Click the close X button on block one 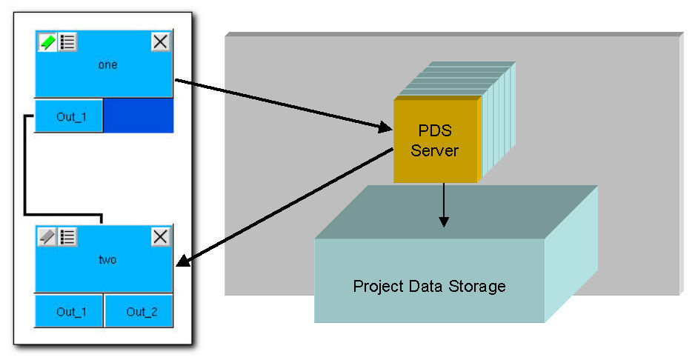pyautogui.click(x=161, y=42)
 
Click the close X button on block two pyautogui.click(x=161, y=237)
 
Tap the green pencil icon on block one pyautogui.click(x=47, y=42)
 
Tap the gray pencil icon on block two pyautogui.click(x=47, y=237)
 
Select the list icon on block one pyautogui.click(x=68, y=42)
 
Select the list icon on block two pyautogui.click(x=68, y=237)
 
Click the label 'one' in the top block pyautogui.click(x=107, y=65)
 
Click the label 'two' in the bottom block pyautogui.click(x=107, y=260)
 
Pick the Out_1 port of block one pyautogui.click(x=69, y=117)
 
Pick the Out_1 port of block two pyautogui.click(x=69, y=312)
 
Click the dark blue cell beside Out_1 pyautogui.click(x=138, y=117)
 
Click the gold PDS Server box pyautogui.click(x=436, y=141)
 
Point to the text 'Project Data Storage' pyautogui.click(x=429, y=286)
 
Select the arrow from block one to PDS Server pyautogui.click(x=282, y=104)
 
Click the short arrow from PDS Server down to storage pyautogui.click(x=444, y=204)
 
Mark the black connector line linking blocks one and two pyautogui.click(x=26, y=170)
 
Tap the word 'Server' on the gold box pyautogui.click(x=436, y=150)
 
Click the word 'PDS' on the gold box pyautogui.click(x=436, y=132)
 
